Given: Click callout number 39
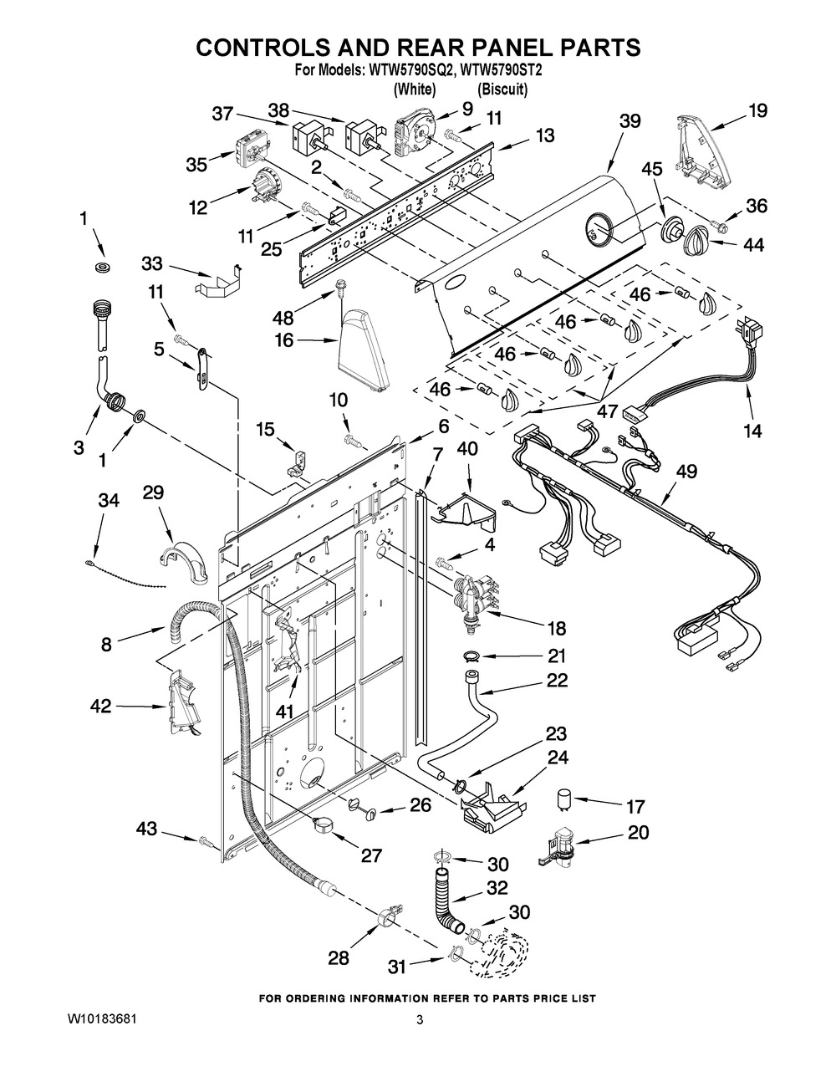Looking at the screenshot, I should pyautogui.click(x=630, y=120).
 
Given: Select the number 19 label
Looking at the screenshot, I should pyautogui.click(x=757, y=110).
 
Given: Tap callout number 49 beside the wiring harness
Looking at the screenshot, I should pyautogui.click(x=686, y=472).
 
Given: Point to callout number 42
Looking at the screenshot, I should pyautogui.click(x=100, y=707).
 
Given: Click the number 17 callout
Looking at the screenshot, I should pyautogui.click(x=635, y=807).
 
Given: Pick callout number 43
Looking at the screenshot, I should pyautogui.click(x=147, y=829).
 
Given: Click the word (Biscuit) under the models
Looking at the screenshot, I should pyautogui.click(x=502, y=89).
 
